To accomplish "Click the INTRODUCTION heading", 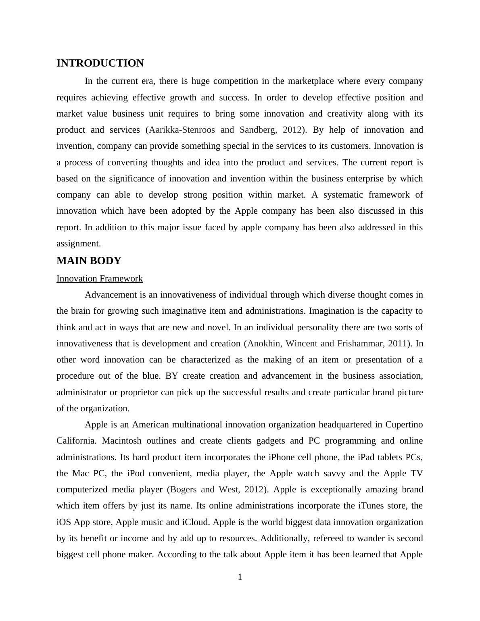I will point(100,63).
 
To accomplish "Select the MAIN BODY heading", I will point(89,261).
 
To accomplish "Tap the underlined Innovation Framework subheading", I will point(100,279).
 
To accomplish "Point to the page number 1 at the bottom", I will point(240,577).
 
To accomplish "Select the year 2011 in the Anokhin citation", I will point(397,344).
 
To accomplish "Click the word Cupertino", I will point(404,425).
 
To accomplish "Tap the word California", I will point(76,441).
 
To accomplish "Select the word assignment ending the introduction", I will point(78,244).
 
